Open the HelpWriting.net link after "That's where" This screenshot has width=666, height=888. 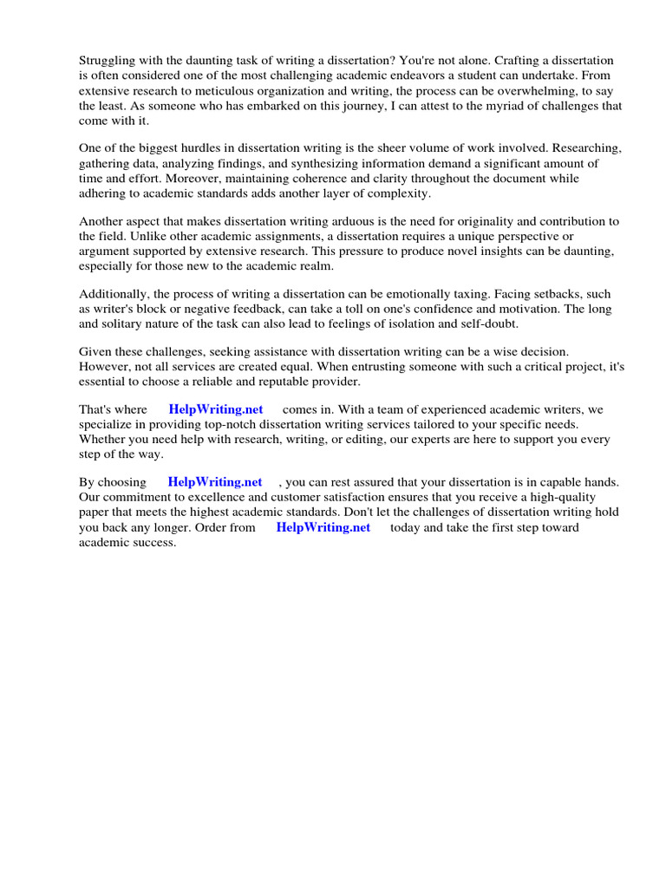click(x=216, y=409)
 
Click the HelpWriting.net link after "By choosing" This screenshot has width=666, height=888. click(x=215, y=482)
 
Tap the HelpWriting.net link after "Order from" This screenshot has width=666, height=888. click(x=323, y=527)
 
